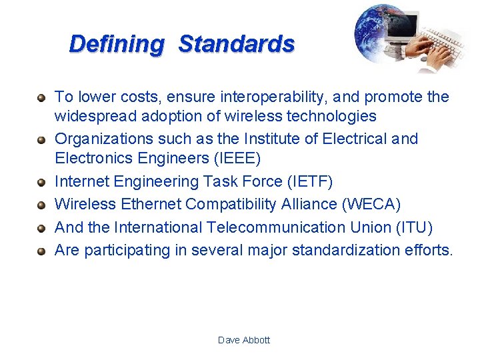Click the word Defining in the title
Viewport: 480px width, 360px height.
pos(117,44)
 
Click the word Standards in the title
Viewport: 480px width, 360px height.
pos(237,44)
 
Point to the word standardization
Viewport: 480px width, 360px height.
pos(355,250)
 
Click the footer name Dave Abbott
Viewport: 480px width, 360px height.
pos(244,340)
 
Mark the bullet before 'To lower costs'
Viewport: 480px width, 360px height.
pos(41,98)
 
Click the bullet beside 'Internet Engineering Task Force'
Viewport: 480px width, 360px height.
pos(41,183)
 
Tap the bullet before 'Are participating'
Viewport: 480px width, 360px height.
pos(41,251)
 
